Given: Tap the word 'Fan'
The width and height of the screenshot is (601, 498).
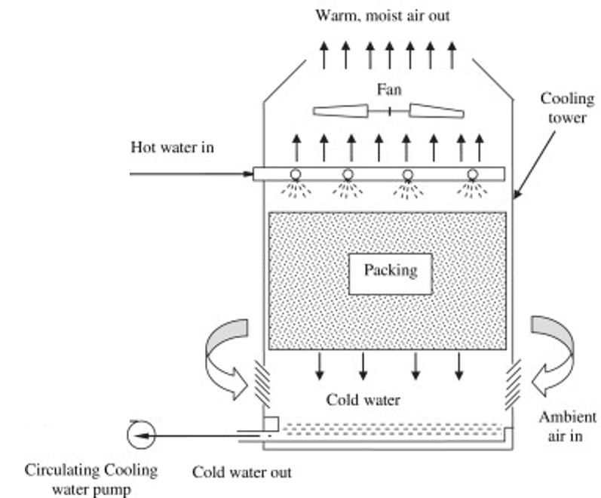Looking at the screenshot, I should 389,90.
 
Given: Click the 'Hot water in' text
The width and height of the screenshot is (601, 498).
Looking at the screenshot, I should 173,147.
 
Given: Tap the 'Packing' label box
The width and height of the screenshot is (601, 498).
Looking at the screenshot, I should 390,270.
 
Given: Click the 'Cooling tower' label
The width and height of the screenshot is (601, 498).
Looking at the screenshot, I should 567,109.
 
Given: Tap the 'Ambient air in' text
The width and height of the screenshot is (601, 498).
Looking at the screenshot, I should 568,426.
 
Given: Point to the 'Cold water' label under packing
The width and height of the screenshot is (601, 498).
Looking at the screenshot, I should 363,400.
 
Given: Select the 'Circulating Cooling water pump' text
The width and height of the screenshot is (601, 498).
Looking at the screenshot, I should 91,478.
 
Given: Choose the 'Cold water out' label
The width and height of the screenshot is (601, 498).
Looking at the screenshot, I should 241,473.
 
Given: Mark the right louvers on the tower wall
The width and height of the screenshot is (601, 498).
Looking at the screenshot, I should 514,380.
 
